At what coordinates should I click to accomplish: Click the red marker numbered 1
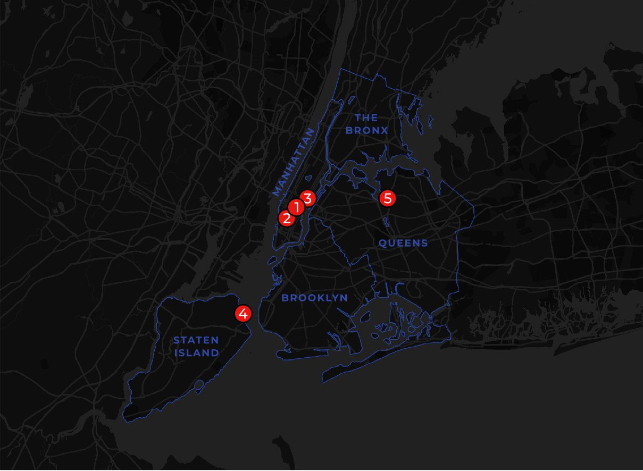(296, 206)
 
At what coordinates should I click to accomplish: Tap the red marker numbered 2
(286, 217)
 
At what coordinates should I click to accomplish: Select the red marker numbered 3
(307, 198)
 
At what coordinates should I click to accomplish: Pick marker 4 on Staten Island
(243, 314)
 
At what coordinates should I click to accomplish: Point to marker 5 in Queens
(387, 198)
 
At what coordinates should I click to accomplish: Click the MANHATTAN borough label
(293, 162)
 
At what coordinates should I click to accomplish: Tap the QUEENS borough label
(403, 243)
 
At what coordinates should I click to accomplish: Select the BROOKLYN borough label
(314, 298)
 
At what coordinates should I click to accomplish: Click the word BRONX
(366, 130)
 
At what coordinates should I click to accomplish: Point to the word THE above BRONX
(366, 117)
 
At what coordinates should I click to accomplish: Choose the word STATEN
(196, 340)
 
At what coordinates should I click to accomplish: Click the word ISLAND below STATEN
(197, 353)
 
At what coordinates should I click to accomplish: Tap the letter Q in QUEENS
(383, 243)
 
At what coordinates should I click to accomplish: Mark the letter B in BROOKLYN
(285, 298)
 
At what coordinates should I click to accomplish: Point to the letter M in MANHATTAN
(276, 191)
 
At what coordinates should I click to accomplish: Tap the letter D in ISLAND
(215, 353)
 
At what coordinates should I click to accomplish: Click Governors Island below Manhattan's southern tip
(272, 260)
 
